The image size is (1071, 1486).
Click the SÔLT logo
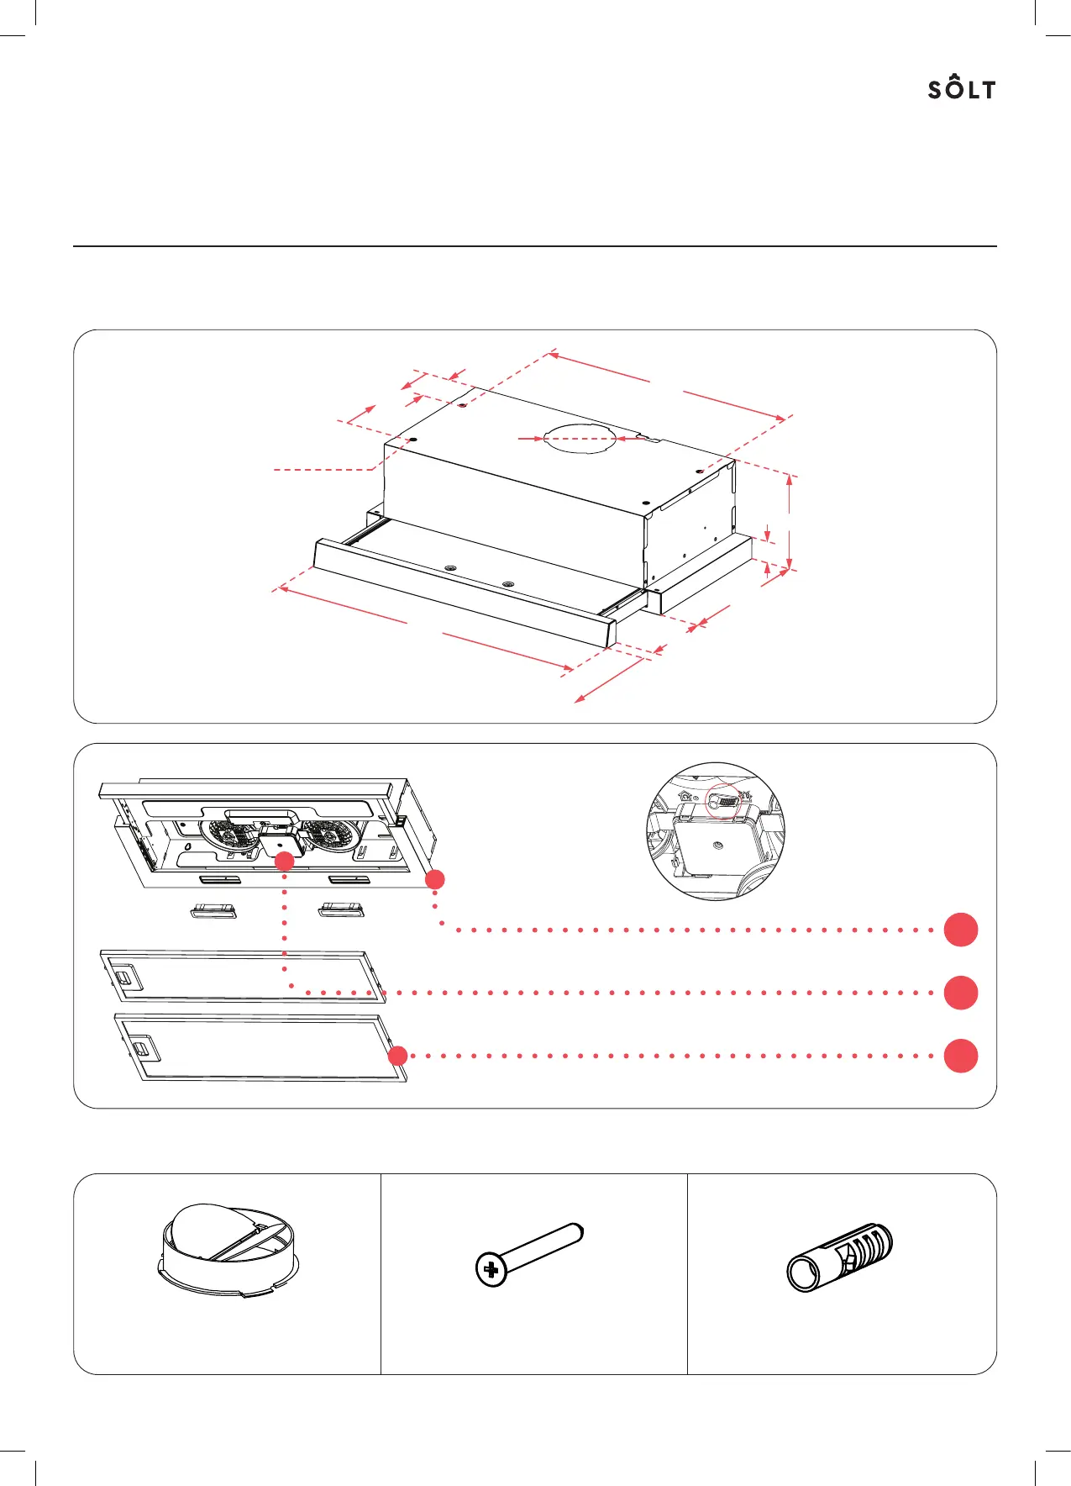962,88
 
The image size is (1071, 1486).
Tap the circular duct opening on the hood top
580,438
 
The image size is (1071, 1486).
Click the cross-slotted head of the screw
491,1269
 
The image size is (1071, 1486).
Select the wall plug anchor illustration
839,1256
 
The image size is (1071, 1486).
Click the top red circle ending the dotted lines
961,930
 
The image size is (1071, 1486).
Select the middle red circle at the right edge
961,993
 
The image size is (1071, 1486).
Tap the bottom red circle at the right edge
961,1056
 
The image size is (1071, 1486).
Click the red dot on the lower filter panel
398,1056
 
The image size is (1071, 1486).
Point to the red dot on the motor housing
285,861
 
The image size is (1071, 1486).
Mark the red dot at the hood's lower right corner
434,879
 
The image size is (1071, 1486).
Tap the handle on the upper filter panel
123,978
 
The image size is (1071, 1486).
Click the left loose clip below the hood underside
214,911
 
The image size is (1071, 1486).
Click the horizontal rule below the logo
534,246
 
